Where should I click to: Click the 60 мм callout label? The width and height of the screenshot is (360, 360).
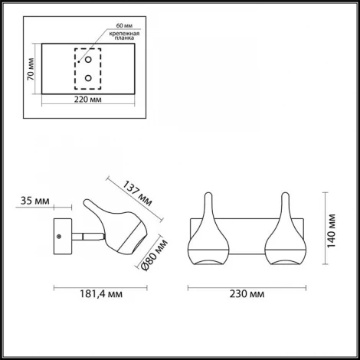tap(124, 25)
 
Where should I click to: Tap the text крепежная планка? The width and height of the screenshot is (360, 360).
tap(124, 36)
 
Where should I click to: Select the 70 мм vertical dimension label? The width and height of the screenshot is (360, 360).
tap(31, 69)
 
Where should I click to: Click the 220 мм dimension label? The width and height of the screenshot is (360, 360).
tap(88, 99)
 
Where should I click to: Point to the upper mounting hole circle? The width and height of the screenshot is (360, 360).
tap(88, 60)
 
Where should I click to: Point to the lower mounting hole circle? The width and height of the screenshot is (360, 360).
tap(88, 78)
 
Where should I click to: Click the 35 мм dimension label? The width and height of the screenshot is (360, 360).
tap(35, 201)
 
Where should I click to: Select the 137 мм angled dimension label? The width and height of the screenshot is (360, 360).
tap(137, 193)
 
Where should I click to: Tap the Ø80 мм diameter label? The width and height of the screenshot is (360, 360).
tap(154, 255)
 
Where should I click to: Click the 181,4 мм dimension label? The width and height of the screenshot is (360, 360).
tap(101, 294)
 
